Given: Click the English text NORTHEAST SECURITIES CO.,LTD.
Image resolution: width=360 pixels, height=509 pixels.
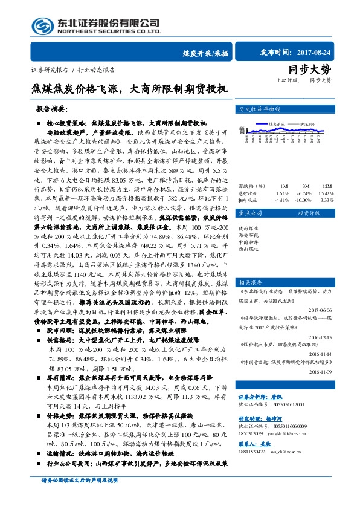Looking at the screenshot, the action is pos(108,30).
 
